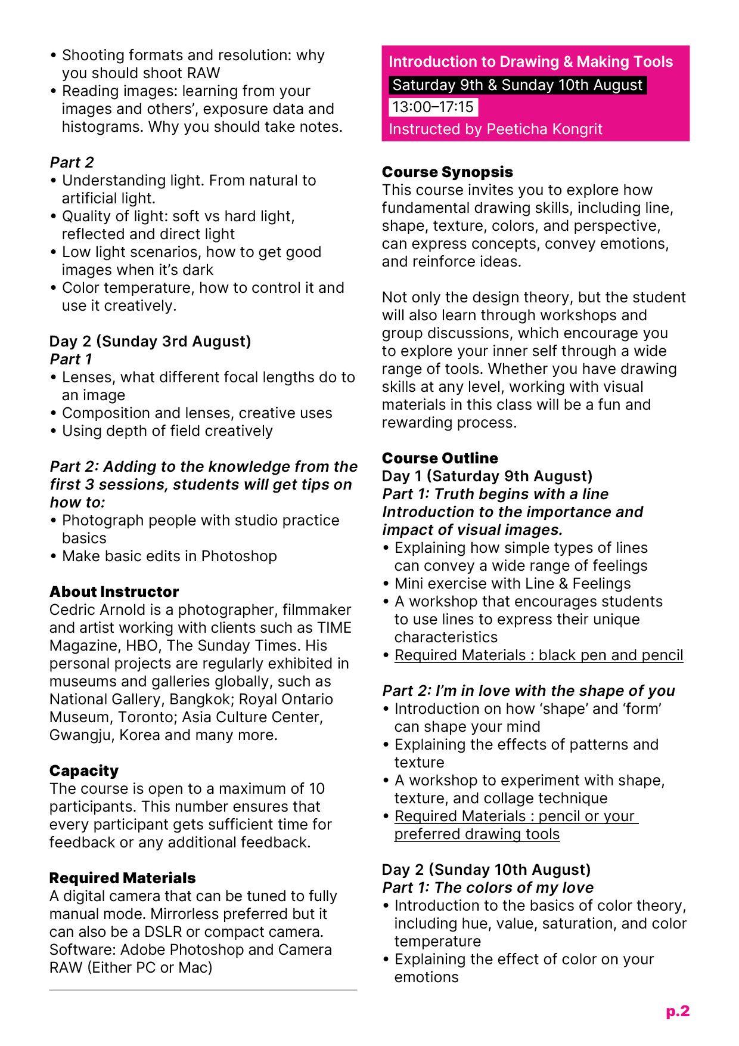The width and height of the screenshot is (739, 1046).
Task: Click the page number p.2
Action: (x=678, y=1011)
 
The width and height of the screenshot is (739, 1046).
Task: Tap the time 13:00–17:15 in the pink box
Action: (x=433, y=107)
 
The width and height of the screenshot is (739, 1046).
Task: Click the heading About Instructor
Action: (x=114, y=592)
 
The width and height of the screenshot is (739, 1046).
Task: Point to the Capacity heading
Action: (x=84, y=770)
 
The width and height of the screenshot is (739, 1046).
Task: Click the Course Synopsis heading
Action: (x=447, y=172)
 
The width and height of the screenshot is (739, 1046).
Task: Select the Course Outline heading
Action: (x=440, y=458)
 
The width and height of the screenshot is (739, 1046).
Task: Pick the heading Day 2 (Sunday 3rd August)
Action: (x=150, y=341)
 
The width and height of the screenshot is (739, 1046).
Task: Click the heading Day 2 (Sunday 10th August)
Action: (x=486, y=869)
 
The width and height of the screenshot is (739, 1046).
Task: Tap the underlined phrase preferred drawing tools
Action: (x=477, y=834)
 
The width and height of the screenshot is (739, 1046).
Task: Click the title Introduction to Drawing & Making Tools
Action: (x=530, y=62)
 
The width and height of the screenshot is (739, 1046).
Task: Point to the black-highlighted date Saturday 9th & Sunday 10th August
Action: (x=517, y=85)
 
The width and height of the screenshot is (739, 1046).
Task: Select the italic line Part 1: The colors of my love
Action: (x=488, y=887)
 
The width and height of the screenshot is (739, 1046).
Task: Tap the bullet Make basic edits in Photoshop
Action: (x=169, y=556)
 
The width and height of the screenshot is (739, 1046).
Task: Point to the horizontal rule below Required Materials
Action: (x=203, y=990)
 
